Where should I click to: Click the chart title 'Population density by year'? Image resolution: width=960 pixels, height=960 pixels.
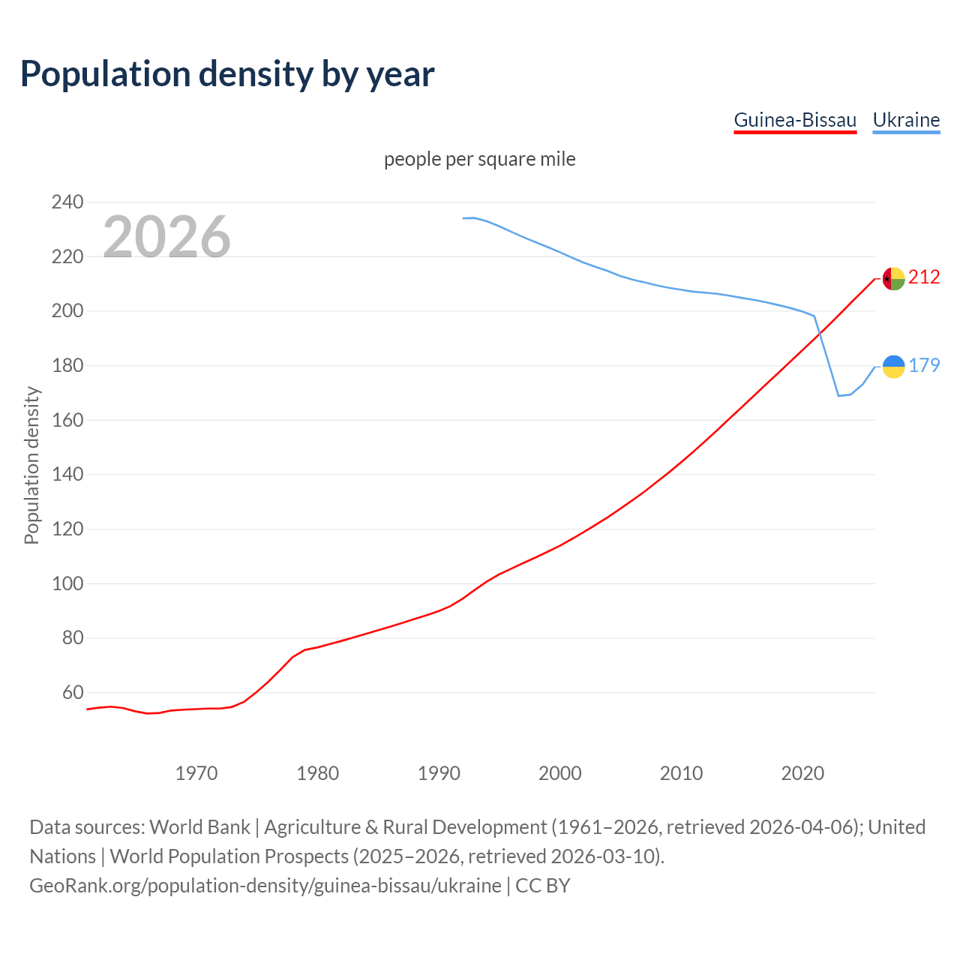point(227,73)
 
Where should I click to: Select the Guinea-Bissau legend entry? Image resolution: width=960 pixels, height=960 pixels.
point(794,120)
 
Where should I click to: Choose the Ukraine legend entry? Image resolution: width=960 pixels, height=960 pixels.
point(906,120)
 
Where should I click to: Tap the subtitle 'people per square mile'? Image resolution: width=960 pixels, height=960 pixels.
point(480,159)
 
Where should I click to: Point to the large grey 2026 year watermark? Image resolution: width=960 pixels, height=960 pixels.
point(166,237)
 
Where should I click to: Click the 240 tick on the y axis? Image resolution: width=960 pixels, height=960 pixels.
point(67,202)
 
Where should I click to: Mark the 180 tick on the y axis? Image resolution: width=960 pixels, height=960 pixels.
point(67,365)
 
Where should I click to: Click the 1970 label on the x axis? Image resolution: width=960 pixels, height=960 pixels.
point(196,773)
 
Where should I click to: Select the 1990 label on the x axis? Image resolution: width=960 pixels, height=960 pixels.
point(439,773)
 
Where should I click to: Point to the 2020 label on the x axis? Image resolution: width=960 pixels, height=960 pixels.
point(802,773)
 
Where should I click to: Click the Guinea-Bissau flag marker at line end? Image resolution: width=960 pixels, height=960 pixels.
point(893,278)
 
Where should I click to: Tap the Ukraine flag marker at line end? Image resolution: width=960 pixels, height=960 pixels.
point(893,366)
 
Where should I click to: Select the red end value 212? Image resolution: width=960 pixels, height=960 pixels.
point(924,277)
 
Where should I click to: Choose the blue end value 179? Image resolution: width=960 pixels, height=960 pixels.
point(924,365)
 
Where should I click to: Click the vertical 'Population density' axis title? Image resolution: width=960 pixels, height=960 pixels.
point(31,465)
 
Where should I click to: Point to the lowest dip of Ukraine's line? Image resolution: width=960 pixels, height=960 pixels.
point(838,395)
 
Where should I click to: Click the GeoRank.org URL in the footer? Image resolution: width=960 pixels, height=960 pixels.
point(265,886)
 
